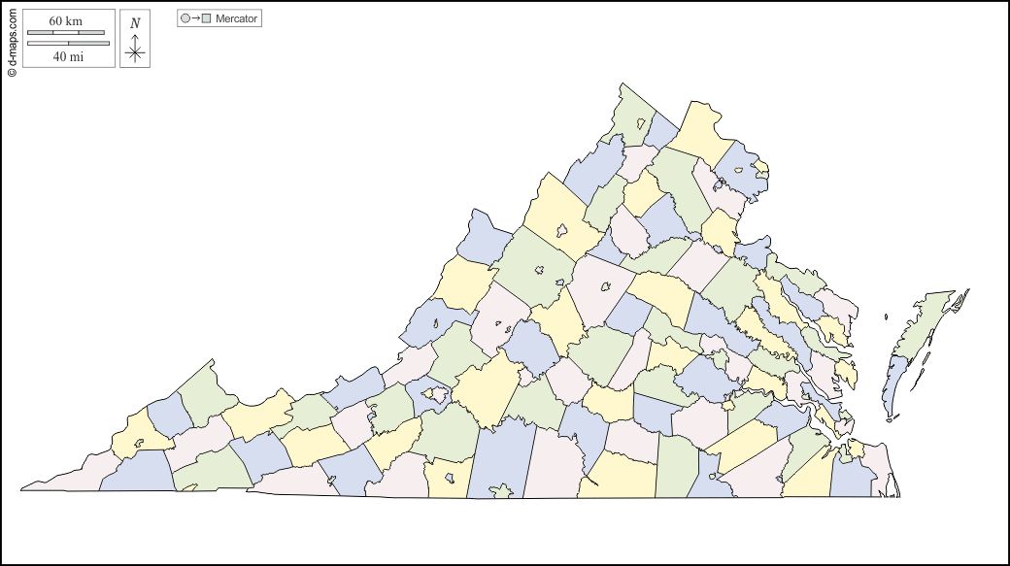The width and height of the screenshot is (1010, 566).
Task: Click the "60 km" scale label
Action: click(x=67, y=20)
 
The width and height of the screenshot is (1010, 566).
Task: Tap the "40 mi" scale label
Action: click(x=67, y=56)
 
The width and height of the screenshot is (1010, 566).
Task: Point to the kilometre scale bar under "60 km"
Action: click(x=66, y=33)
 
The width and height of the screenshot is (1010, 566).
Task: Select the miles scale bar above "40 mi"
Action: click(x=68, y=43)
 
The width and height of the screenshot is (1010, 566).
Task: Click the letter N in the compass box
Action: click(x=135, y=22)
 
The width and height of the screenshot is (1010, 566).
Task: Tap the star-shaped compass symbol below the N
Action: click(x=135, y=54)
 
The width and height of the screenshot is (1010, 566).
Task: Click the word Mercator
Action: click(x=236, y=18)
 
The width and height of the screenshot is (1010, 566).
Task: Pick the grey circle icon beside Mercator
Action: click(x=185, y=18)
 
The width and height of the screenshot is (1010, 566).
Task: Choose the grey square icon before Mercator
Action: click(x=206, y=18)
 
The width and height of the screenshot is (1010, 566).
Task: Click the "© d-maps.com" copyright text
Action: click(x=12, y=39)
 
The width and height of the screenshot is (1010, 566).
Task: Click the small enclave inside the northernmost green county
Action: click(x=642, y=124)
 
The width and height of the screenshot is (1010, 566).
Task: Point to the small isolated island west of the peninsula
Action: click(x=887, y=316)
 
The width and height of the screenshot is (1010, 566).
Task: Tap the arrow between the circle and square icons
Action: click(x=195, y=18)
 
